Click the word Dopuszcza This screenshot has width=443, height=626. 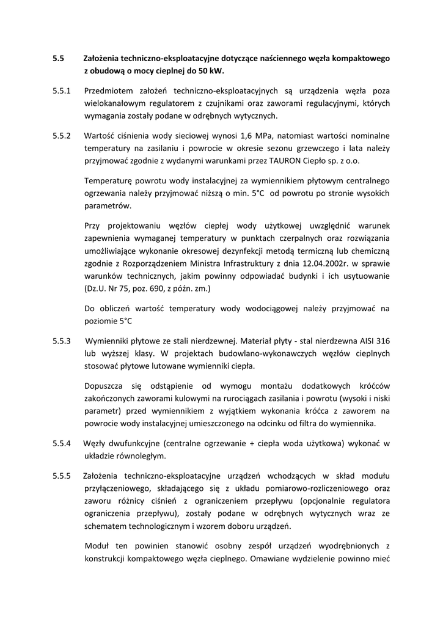pyautogui.click(x=104, y=386)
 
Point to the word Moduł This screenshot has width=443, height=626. pyautogui.click(x=98, y=544)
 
